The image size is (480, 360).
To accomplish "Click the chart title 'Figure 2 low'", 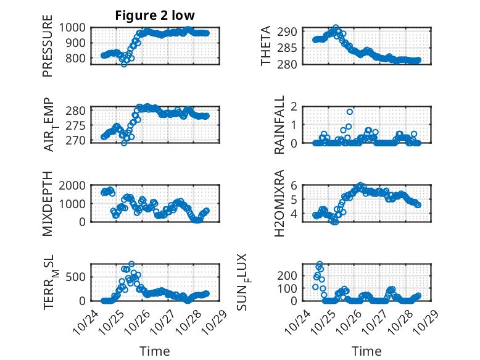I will tap(155, 15).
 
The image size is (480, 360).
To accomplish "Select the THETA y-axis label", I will tap(266, 46).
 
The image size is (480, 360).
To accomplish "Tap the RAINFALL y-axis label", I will tap(279, 125).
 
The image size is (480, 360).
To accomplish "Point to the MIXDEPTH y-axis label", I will tap(48, 204).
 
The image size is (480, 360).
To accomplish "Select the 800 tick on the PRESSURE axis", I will tap(78, 59).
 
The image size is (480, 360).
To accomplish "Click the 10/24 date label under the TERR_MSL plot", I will tap(84, 320).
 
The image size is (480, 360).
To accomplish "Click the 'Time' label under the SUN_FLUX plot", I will tap(366, 351).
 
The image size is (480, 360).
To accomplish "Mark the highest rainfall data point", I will tap(349, 112).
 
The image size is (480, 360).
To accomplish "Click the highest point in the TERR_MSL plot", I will tap(131, 264).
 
